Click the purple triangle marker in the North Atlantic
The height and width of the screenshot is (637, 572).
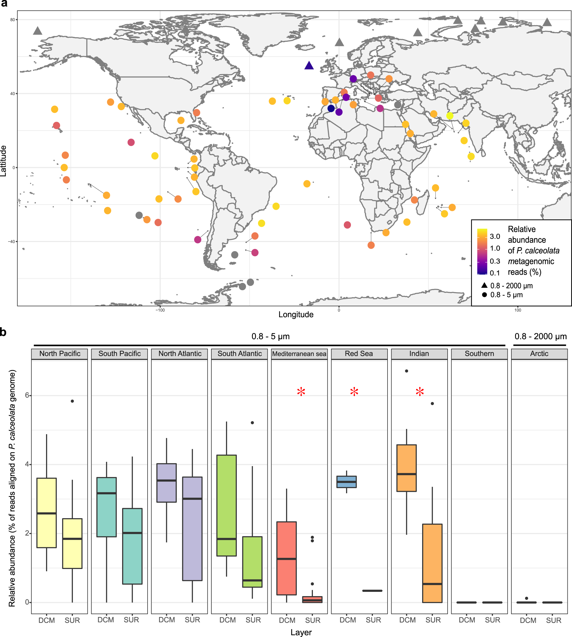(309, 66)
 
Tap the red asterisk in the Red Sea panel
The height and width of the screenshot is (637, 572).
(354, 392)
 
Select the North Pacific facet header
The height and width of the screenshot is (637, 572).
(60, 354)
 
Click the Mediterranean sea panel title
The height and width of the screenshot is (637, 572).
(299, 354)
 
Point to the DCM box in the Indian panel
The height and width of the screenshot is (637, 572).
(406, 468)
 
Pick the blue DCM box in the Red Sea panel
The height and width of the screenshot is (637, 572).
(346, 482)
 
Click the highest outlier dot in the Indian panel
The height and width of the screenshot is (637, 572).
(406, 371)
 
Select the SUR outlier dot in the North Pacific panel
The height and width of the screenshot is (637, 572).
(72, 401)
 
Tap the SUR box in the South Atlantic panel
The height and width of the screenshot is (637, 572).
(252, 562)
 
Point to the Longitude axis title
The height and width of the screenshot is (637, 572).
(296, 314)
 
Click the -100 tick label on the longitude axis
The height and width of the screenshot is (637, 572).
(160, 310)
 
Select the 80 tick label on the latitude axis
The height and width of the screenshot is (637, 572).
(13, 20)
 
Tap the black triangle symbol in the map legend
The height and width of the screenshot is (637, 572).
(484, 285)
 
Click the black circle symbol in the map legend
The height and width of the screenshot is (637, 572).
(484, 295)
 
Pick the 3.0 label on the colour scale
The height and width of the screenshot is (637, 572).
(495, 236)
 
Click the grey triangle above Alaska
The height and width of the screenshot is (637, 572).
(38, 31)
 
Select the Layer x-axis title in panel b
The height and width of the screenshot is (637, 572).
(301, 632)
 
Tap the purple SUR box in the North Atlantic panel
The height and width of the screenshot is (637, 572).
(192, 529)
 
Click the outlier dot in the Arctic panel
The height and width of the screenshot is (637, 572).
(527, 598)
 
